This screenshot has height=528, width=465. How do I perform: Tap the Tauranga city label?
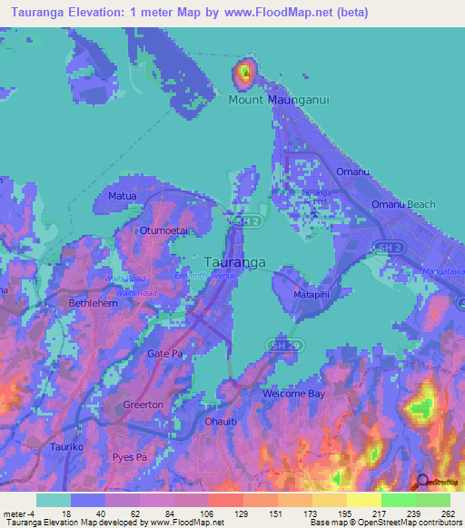pos(235,262)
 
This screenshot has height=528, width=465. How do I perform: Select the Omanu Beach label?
pos(403,205)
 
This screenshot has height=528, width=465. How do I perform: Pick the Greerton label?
pos(143,405)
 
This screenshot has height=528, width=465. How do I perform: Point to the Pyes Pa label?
pos(128,456)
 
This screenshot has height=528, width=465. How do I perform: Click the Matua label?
pos(122,195)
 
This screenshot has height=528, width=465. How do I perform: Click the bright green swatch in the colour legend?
pos(398,500)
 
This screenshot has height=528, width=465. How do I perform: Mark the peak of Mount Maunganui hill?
pos(243,71)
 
